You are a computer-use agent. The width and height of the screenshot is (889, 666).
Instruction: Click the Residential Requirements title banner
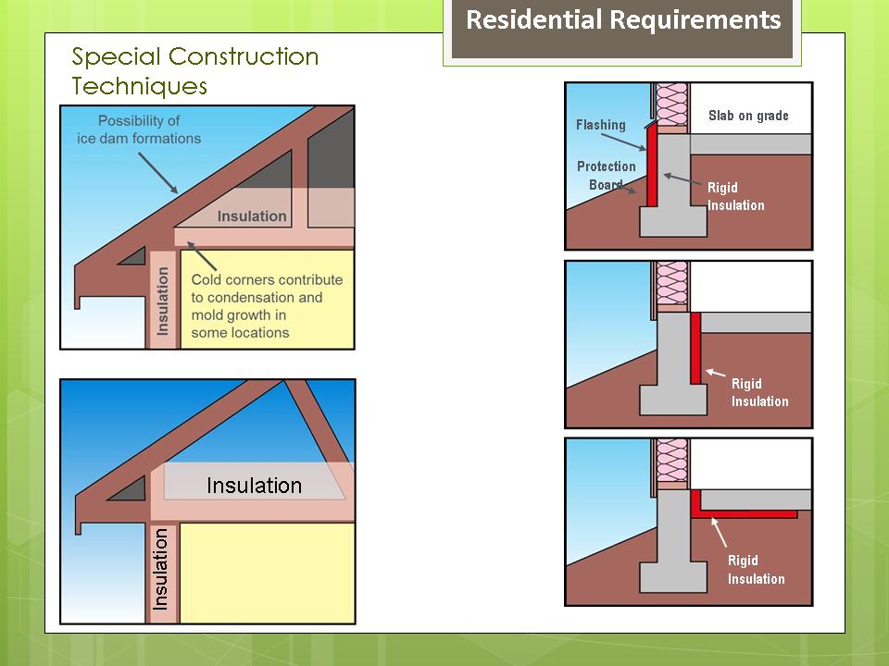tap(623, 20)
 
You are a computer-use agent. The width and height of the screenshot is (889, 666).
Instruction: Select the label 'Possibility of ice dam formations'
tap(139, 129)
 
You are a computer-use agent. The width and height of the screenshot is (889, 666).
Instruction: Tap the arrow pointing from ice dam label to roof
tap(158, 171)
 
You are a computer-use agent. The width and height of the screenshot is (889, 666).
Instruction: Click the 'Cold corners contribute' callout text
tap(266, 297)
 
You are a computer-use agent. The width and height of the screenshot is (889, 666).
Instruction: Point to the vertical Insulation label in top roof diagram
tap(163, 301)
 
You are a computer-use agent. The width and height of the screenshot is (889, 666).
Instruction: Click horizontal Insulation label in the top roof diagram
tap(252, 216)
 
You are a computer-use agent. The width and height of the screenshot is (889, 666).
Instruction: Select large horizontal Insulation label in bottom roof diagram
tap(254, 486)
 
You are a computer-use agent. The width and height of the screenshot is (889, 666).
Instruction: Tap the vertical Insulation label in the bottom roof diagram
tap(161, 569)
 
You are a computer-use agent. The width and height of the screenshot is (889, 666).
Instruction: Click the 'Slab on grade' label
tap(748, 116)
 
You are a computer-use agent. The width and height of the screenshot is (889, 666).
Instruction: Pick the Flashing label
tap(600, 125)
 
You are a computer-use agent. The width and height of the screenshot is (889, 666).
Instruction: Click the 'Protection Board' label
tap(606, 176)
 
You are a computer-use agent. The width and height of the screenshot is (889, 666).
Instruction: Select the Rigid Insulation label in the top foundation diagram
tap(735, 196)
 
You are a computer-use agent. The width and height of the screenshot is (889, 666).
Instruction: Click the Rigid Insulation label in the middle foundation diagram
tap(759, 392)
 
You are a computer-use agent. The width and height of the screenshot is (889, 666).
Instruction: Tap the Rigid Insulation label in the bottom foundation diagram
tap(756, 570)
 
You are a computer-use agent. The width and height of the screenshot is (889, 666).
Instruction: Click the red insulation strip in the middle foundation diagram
tap(695, 347)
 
